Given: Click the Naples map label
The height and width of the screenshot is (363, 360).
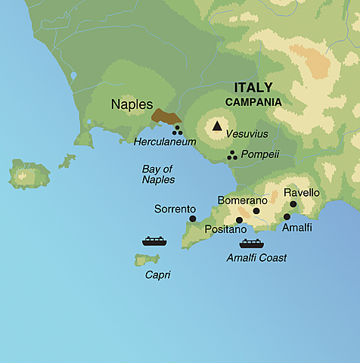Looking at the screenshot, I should [x=132, y=104].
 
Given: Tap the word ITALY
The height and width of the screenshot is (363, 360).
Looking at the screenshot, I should [x=253, y=87].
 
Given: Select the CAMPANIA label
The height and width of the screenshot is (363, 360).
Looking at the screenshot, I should [x=253, y=101].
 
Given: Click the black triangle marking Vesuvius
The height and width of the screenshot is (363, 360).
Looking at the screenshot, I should [x=218, y=126].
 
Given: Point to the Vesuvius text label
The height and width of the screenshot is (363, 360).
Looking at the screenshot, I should [x=247, y=133].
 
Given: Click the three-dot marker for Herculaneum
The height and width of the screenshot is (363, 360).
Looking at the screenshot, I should [x=178, y=130].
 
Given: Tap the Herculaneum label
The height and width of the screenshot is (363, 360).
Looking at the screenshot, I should [x=165, y=141].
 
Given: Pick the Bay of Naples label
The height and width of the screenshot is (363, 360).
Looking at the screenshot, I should [x=158, y=174].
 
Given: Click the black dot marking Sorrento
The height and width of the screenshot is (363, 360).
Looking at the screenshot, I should [x=193, y=219].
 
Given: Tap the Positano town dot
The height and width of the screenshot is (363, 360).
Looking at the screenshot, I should [x=240, y=220].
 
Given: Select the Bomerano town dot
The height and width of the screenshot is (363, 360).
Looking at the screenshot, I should [x=256, y=211].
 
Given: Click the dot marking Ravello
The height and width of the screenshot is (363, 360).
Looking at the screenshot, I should [x=293, y=203].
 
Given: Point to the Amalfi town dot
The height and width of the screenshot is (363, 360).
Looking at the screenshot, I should [x=287, y=216].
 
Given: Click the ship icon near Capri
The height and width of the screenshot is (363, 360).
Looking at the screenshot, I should [x=154, y=241].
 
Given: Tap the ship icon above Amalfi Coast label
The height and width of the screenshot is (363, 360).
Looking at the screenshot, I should [x=251, y=244].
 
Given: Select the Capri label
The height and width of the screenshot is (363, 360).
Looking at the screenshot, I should [x=157, y=275].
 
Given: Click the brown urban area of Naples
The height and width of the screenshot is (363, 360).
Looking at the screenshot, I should [x=166, y=116].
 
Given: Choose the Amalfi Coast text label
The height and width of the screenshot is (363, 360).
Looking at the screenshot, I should [x=256, y=258].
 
